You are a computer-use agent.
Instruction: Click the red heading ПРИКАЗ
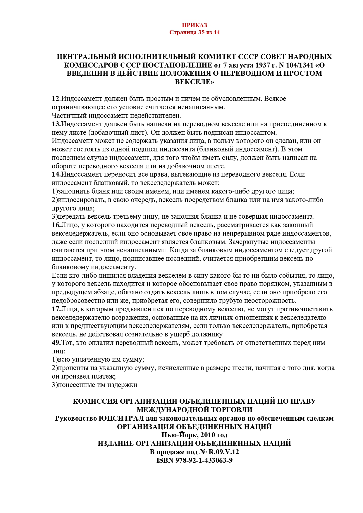(194, 25)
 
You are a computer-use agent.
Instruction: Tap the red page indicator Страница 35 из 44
(194, 32)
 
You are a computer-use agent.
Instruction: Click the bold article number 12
(55, 99)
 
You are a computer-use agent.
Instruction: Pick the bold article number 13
(56, 124)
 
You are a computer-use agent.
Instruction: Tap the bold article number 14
(56, 175)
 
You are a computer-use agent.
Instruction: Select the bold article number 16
(56, 225)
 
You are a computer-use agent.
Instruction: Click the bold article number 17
(56, 309)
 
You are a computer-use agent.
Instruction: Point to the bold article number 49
(56, 343)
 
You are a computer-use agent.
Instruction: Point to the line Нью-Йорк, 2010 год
(194, 435)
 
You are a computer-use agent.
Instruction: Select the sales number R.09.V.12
(223, 452)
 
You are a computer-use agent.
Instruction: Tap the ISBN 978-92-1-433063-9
(194, 461)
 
